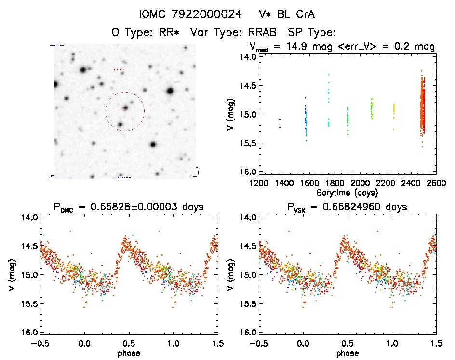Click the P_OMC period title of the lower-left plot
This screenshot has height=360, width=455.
point(129,207)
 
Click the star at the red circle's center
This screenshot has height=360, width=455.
point(125,108)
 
